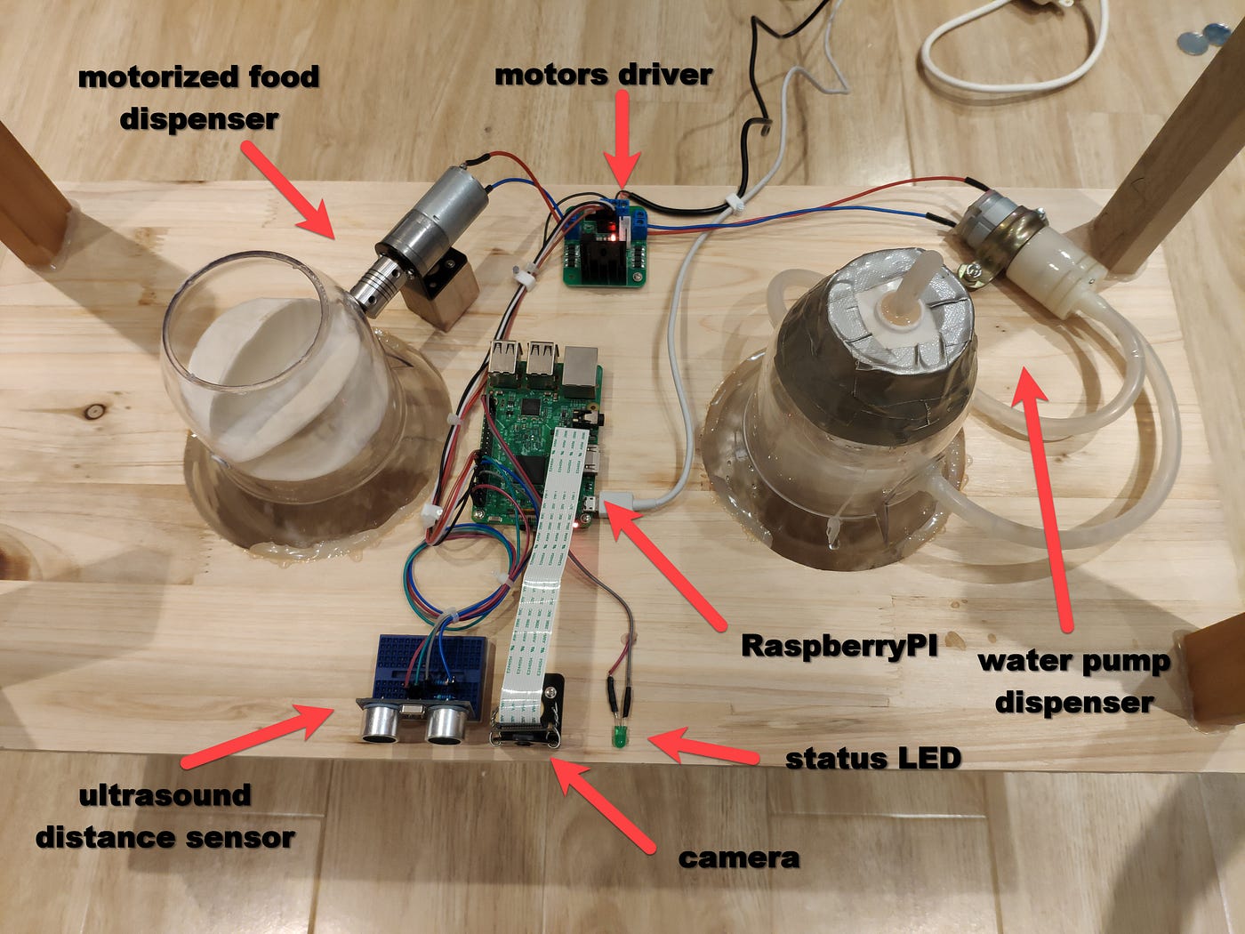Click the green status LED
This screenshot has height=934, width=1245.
pos(615,737)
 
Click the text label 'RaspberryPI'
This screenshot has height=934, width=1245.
pos(839,644)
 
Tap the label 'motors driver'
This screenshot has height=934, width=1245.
pos(603,75)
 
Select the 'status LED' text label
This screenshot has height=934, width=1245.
pos(873,758)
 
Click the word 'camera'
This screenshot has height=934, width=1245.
pos(738,858)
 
